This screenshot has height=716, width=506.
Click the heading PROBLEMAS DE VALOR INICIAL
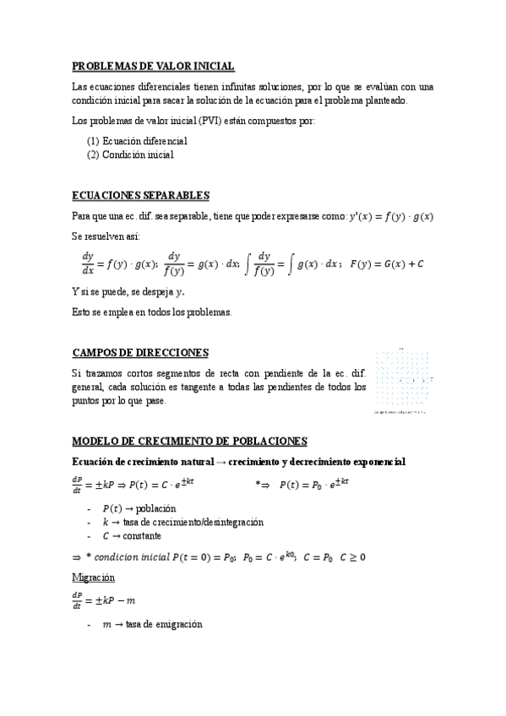pyautogui.click(x=153, y=66)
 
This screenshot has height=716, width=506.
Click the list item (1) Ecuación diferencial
pyautogui.click(x=137, y=141)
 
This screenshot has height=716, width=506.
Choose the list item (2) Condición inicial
pyautogui.click(x=131, y=155)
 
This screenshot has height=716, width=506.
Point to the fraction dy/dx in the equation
pyautogui.click(x=88, y=263)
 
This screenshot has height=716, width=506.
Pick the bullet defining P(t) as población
pyautogui.click(x=139, y=508)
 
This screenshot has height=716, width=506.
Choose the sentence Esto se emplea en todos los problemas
pyautogui.click(x=151, y=312)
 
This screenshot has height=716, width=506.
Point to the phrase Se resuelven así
pyautogui.click(x=106, y=237)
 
